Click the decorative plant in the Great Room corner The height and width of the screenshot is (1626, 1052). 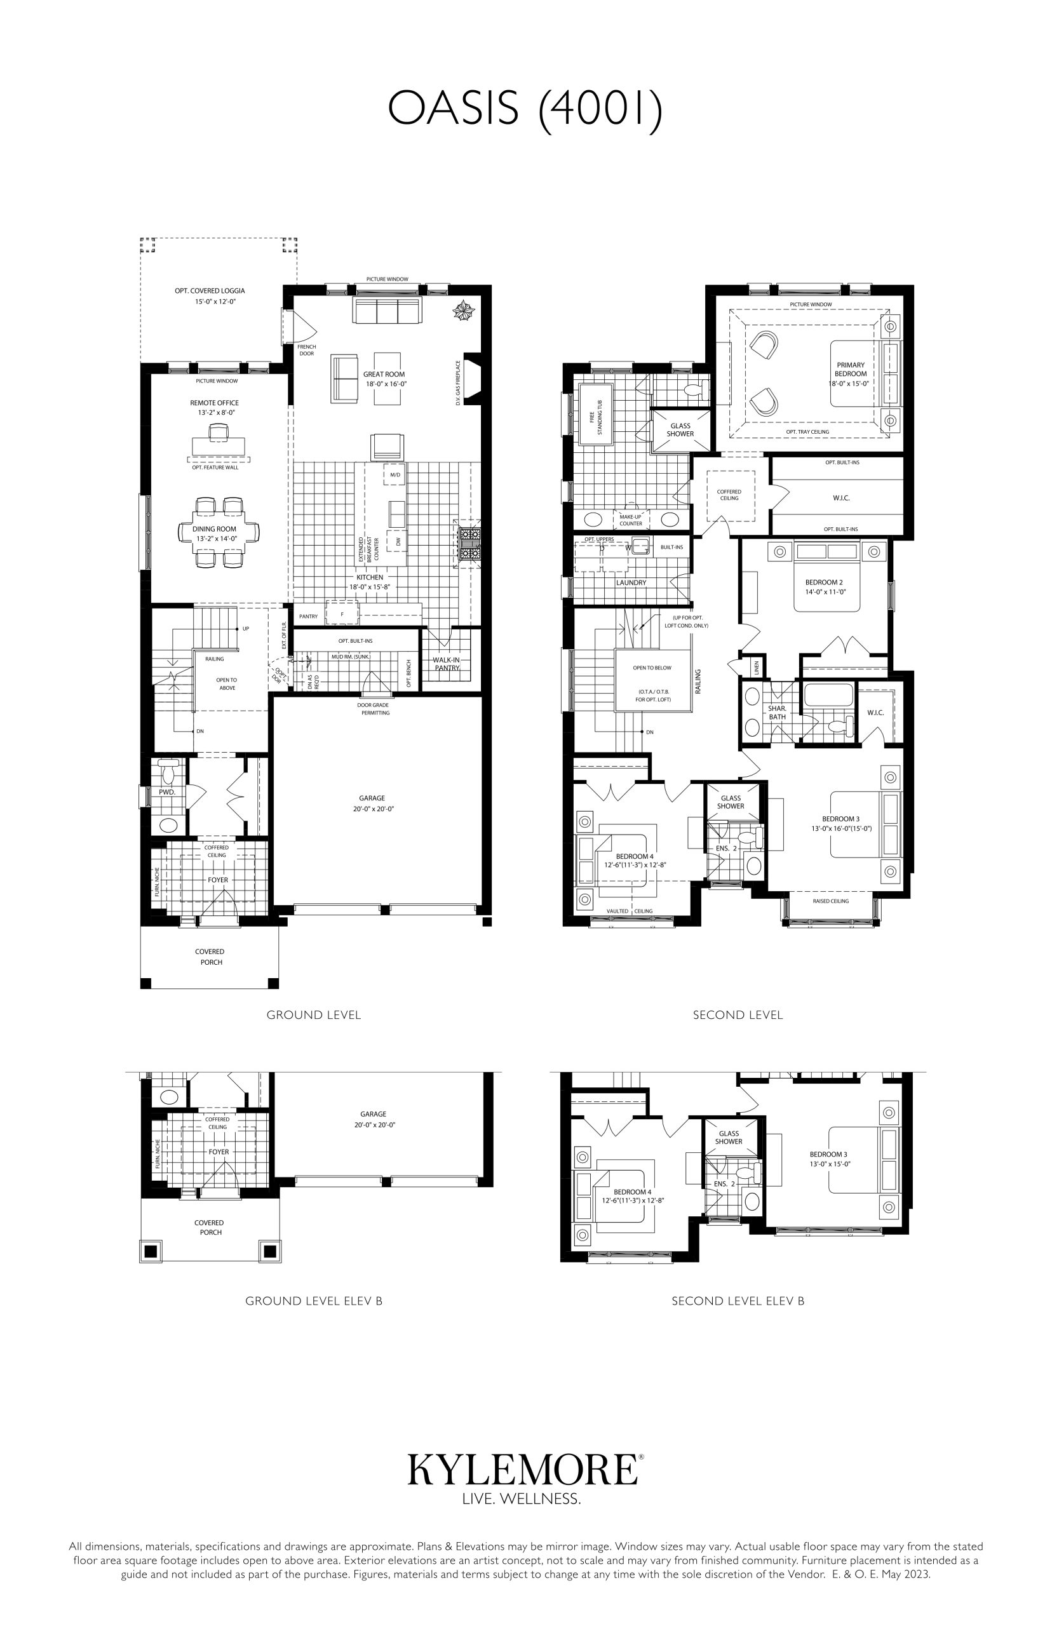coord(464,311)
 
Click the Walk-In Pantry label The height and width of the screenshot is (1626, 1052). coord(446,664)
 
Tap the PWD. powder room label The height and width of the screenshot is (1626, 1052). coord(167,792)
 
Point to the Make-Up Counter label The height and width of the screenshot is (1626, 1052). coord(631,520)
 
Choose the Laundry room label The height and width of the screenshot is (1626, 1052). coord(631,582)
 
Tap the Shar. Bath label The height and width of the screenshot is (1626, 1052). coord(778,713)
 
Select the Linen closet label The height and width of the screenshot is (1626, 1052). coord(757,667)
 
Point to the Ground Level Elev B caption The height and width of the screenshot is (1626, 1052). coord(314,1301)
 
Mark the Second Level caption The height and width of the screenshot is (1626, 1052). coord(738,1015)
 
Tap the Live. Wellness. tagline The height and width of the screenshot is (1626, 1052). coord(522,1500)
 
